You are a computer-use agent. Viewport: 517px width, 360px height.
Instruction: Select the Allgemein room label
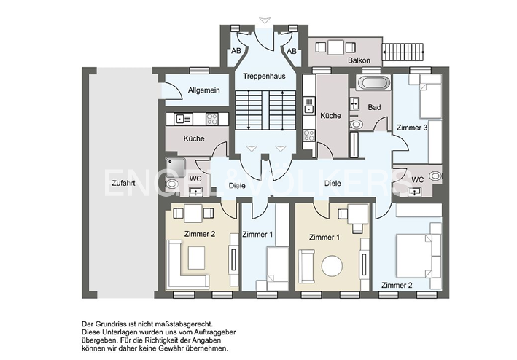(x=203, y=90)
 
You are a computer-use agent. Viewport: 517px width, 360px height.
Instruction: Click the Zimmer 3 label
(x=412, y=128)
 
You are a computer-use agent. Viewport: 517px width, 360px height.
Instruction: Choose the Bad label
(x=374, y=107)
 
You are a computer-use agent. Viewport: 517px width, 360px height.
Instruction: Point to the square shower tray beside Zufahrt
(x=176, y=167)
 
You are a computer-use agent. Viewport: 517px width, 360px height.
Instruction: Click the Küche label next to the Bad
(x=330, y=116)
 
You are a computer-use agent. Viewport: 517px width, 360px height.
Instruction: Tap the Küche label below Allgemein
(x=194, y=138)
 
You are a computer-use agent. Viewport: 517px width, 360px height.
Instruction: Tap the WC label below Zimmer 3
(x=418, y=179)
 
